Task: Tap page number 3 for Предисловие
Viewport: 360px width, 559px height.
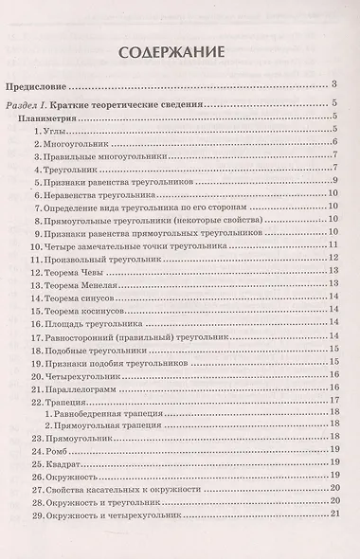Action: pyautogui.click(x=335, y=85)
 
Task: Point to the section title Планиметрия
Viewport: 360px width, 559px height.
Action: pyautogui.click(x=63, y=119)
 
